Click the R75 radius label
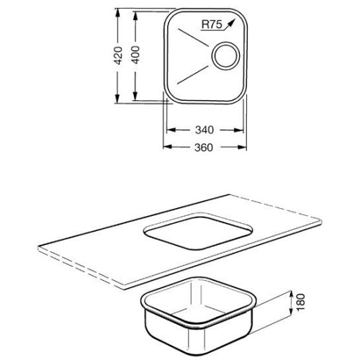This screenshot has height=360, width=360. [x=212, y=24]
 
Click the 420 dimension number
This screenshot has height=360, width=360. [x=118, y=55]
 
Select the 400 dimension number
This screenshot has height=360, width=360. [x=135, y=55]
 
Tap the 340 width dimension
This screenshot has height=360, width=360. [x=204, y=130]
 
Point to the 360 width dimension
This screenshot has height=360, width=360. [x=204, y=148]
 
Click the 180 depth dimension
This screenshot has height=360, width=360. [x=301, y=302]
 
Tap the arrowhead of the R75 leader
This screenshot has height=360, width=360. [x=231, y=23]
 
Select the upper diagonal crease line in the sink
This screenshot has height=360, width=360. [x=193, y=37]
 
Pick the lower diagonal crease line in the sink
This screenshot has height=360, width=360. [x=192, y=75]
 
